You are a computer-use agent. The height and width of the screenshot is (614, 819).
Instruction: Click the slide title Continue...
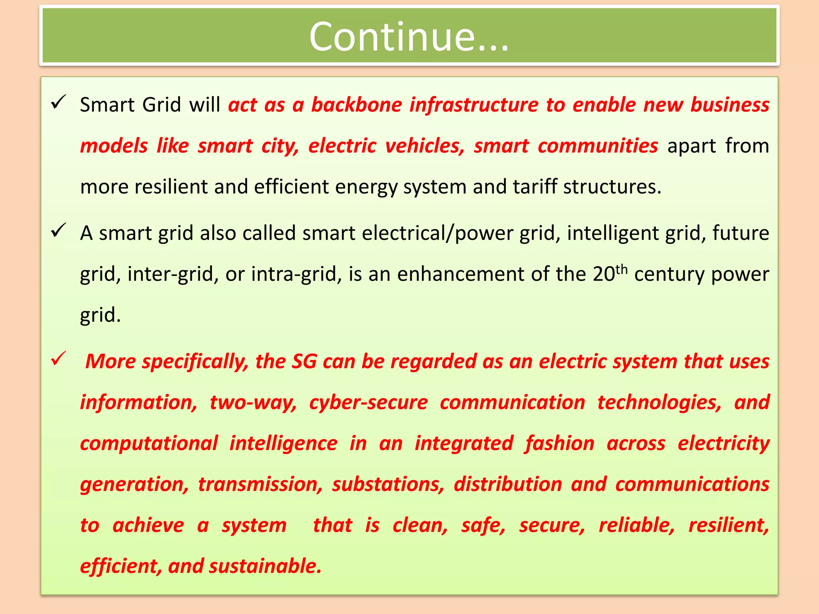tap(409, 37)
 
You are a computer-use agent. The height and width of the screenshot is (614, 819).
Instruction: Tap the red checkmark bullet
tap(58, 359)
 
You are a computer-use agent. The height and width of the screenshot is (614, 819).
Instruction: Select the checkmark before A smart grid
tap(58, 231)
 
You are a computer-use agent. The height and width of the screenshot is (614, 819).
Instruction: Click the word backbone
tap(356, 105)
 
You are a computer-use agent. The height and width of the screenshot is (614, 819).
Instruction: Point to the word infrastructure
tap(473, 105)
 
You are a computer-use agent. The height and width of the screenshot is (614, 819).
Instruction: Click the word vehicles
tap(424, 146)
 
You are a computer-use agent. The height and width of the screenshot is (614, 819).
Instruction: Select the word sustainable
tap(265, 566)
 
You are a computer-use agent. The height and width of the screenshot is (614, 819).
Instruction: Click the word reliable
tap(636, 526)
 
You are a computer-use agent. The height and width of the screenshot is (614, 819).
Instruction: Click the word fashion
tap(559, 444)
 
